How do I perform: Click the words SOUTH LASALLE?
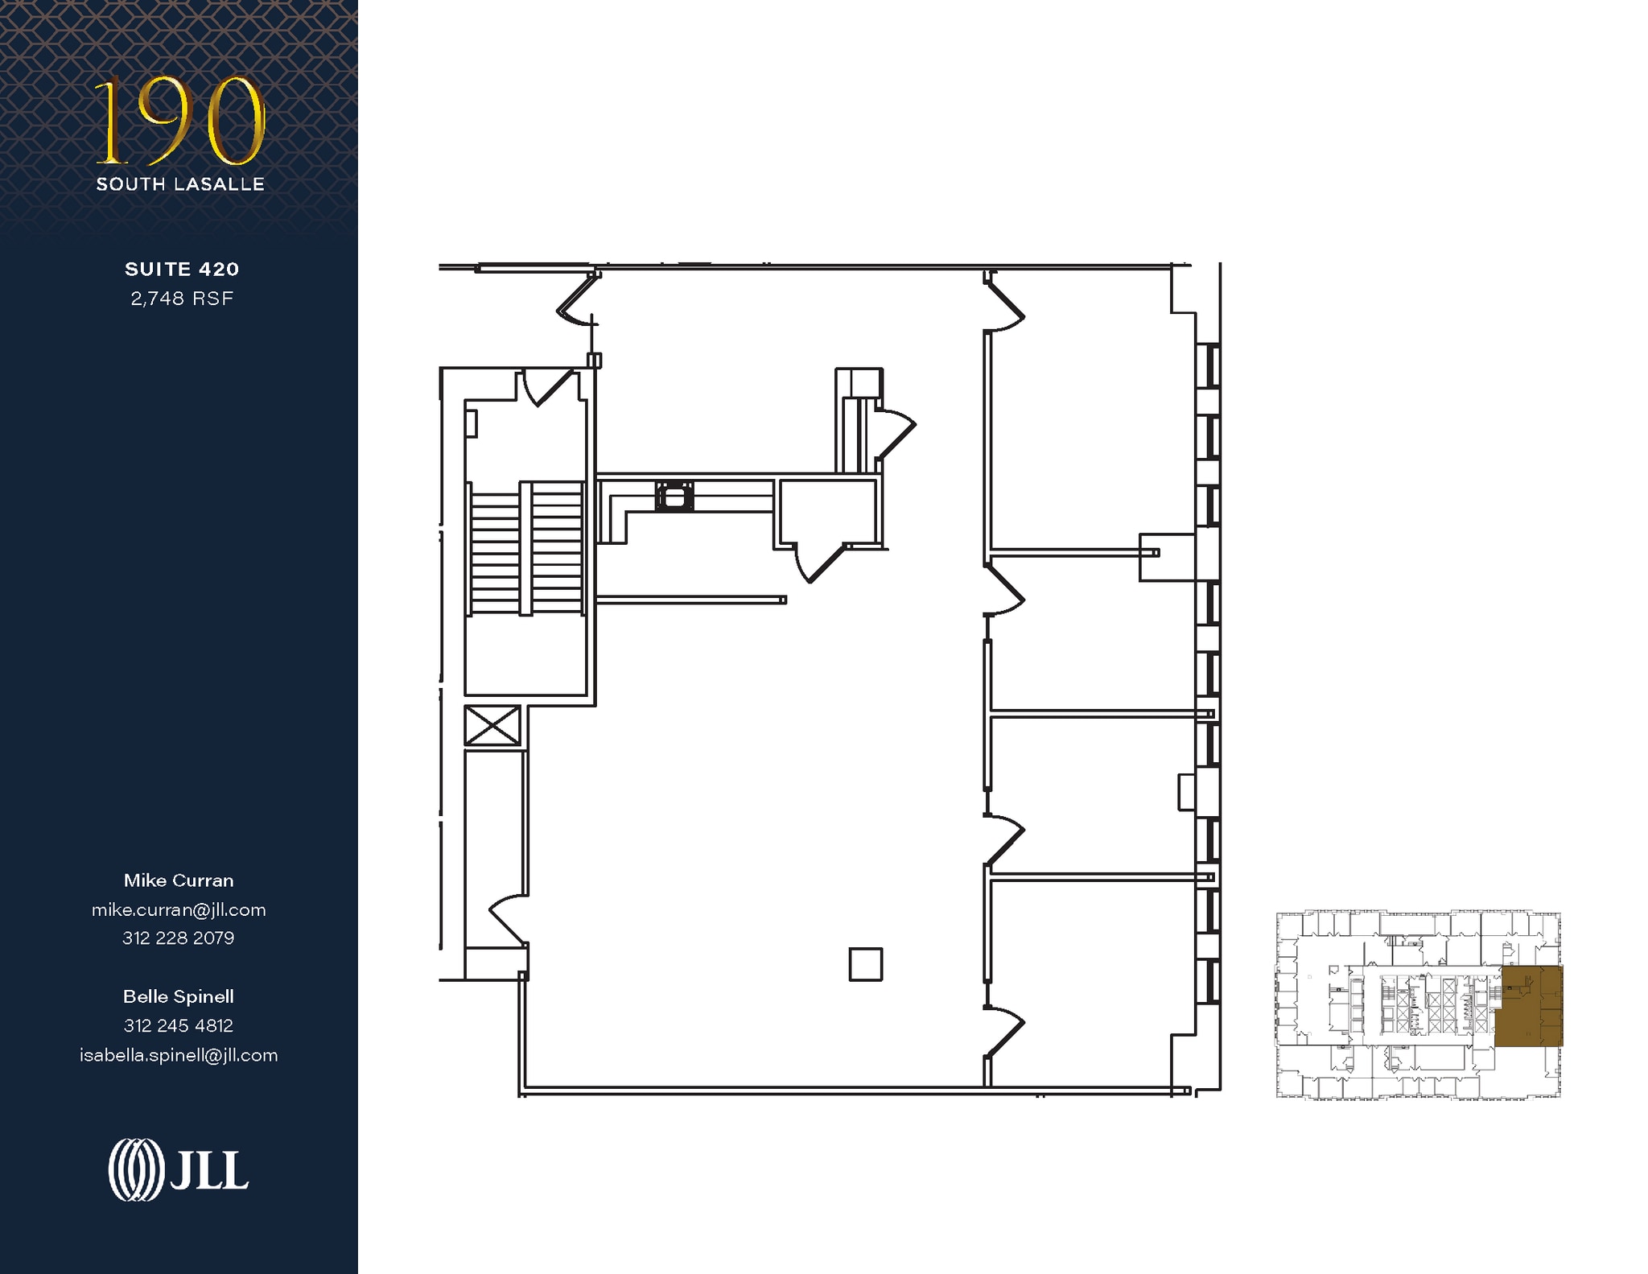(180, 184)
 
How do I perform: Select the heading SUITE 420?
(182, 269)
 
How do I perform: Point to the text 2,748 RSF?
(182, 299)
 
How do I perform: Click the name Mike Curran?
(179, 880)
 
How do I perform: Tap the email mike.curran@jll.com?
(179, 909)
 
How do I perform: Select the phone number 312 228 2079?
(179, 938)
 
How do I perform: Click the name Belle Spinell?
(179, 996)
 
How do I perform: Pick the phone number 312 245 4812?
(179, 1025)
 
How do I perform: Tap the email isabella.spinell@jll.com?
(179, 1055)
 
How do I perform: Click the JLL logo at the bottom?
(179, 1170)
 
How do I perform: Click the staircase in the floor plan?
(525, 548)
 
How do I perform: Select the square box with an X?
(492, 725)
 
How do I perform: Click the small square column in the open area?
(866, 963)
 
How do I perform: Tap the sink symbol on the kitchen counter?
(674, 496)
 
